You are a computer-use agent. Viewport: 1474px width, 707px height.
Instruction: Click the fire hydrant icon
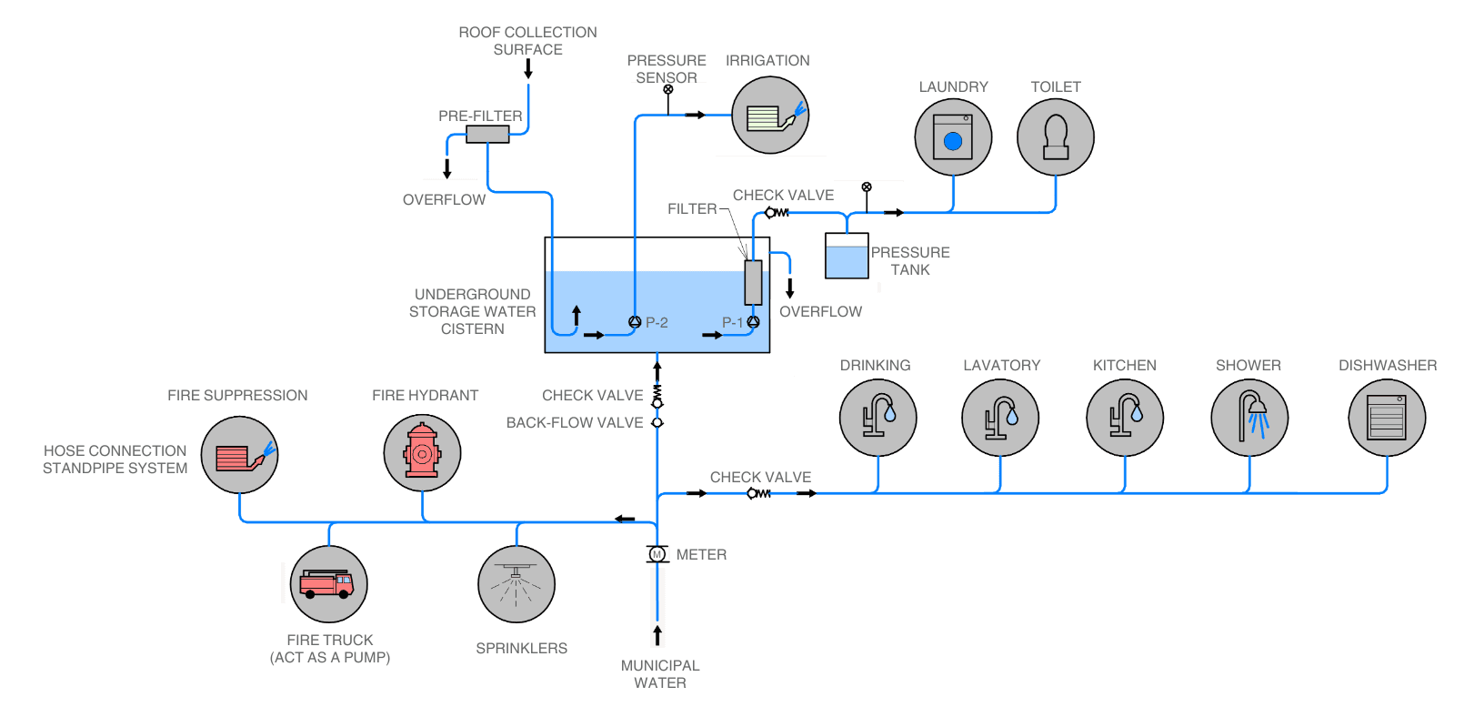[422, 452]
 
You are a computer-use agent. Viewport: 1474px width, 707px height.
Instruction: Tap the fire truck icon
[328, 584]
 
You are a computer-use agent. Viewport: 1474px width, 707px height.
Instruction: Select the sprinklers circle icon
[516, 584]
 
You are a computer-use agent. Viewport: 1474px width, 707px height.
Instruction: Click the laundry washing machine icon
[953, 137]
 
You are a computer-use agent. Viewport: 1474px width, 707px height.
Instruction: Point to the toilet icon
[1055, 137]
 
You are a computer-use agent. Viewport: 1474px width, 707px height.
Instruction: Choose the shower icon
[1249, 418]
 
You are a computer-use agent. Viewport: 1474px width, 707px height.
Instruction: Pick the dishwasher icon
[1387, 418]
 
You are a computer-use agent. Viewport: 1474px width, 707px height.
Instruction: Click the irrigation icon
[770, 116]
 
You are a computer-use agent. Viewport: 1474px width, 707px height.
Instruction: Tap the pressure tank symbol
[847, 256]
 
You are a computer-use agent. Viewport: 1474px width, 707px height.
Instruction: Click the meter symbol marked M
[657, 554]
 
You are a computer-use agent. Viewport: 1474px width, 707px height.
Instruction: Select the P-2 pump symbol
[635, 321]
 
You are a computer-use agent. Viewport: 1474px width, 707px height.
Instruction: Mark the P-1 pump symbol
[753, 321]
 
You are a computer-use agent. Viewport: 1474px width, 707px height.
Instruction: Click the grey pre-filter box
[487, 134]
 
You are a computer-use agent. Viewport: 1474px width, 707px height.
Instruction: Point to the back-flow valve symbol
[657, 422]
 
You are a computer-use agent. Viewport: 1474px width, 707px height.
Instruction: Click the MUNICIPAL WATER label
[660, 674]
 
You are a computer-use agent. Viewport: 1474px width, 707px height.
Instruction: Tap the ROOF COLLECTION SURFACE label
[527, 41]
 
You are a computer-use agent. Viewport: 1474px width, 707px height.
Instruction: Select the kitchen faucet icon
[1125, 418]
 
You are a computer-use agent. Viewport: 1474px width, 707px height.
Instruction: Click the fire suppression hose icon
[239, 455]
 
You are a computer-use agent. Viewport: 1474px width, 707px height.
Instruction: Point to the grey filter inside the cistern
[753, 282]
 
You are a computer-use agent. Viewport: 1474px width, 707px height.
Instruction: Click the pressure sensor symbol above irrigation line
[668, 90]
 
